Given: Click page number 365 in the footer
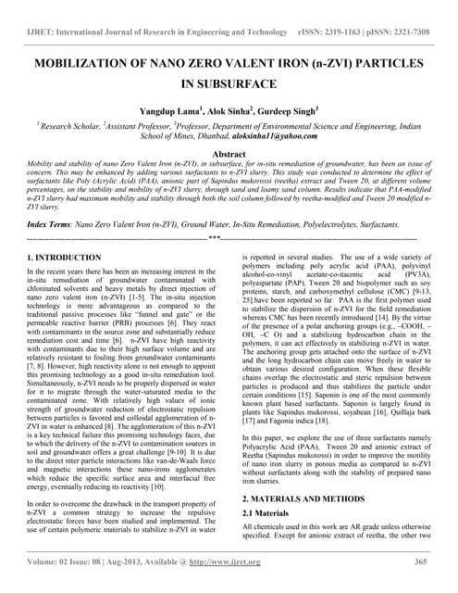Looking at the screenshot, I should (x=421, y=562).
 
